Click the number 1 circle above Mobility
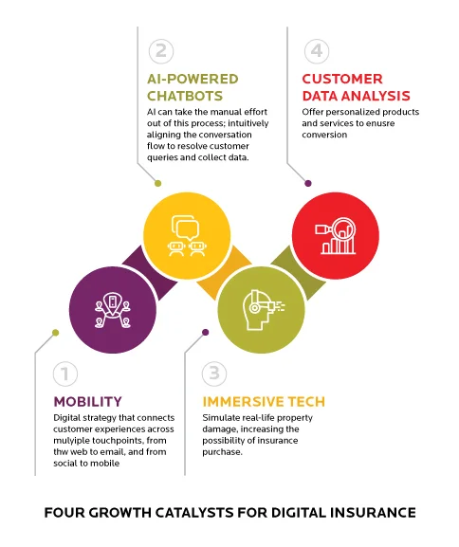coord(64,375)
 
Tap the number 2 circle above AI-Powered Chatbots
coord(162,51)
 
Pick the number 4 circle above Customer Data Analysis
coord(316,51)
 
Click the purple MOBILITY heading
coord(87,402)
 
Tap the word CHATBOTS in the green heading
coord(183,95)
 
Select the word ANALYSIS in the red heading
coord(376,95)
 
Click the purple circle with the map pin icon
coord(112,305)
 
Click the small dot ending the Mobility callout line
coord(55,332)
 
